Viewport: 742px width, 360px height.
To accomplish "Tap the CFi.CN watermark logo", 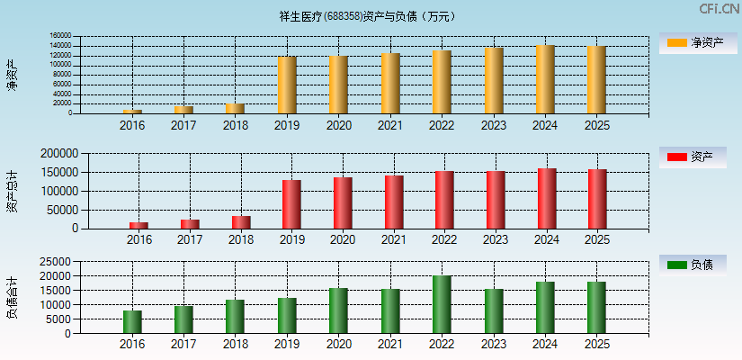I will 719,9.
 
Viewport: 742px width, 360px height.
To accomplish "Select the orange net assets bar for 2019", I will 287,85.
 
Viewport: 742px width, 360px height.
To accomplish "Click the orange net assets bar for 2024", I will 544,79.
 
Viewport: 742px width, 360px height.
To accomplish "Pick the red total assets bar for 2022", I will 443,199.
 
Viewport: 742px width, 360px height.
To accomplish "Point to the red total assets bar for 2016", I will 139,225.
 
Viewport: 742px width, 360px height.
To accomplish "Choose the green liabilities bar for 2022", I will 442,304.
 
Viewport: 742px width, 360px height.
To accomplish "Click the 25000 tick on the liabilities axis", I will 54,262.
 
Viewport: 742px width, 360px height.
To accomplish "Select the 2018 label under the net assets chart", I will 236,125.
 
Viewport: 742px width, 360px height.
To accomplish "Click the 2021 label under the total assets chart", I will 392,239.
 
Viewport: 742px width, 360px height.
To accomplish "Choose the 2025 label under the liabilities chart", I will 595,345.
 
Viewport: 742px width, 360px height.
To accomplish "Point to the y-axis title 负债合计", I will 12,298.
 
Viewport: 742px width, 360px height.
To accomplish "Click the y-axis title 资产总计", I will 12,190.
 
